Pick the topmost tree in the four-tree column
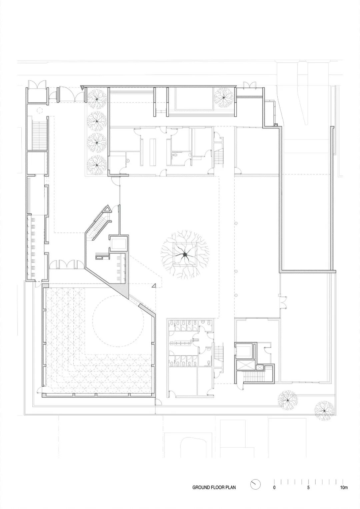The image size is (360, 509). point(97,98)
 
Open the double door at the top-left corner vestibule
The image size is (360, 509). point(36,84)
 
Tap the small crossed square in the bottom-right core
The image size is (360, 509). point(260,367)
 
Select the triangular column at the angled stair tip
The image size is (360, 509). point(108,209)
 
